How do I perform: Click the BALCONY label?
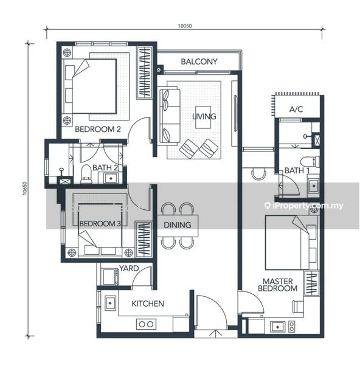[199, 61]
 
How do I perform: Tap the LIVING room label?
[204, 116]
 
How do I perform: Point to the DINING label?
[178, 225]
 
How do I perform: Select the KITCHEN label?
[148, 304]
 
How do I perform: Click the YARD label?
[129, 268]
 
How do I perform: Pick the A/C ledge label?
[296, 109]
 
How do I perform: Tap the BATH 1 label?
[297, 170]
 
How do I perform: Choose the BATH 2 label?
[105, 168]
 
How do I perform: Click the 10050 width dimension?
[185, 26]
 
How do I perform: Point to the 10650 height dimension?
[25, 188]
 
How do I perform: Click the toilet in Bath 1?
[310, 161]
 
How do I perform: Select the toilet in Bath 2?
[86, 174]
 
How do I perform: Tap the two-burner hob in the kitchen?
[146, 324]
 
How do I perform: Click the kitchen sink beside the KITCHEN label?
[110, 304]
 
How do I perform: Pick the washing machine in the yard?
[111, 277]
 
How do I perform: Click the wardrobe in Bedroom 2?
[145, 72]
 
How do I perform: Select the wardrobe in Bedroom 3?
[144, 239]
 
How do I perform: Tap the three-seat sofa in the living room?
[170, 116]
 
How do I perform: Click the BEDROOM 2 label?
[98, 129]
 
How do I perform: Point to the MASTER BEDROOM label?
[278, 285]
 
